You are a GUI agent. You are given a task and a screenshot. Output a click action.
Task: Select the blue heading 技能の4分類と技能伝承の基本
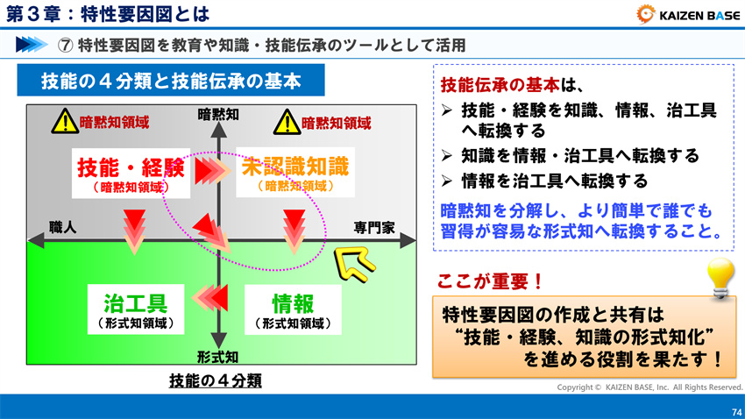pyautogui.click(x=171, y=82)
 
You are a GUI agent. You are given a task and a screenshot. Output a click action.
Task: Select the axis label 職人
pyautogui.click(x=62, y=226)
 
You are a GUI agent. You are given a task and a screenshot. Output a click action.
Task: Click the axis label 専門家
pyautogui.click(x=374, y=227)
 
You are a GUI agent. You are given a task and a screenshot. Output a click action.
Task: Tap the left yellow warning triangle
pyautogui.click(x=64, y=122)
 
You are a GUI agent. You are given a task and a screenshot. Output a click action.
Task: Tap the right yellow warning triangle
pyautogui.click(x=286, y=122)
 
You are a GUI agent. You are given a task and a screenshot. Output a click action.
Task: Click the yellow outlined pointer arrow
pyautogui.click(x=352, y=260)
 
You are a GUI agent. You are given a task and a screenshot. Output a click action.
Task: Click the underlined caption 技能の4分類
pyautogui.click(x=216, y=381)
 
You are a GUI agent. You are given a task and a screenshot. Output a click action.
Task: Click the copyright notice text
pyautogui.click(x=649, y=387)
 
